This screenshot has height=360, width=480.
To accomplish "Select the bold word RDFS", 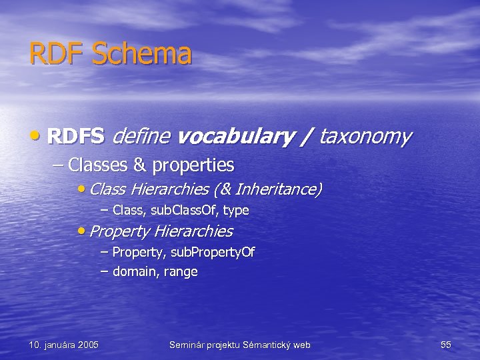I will coord(76,137).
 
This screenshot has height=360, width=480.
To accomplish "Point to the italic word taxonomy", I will coord(365,137).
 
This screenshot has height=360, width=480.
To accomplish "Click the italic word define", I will coord(141,137).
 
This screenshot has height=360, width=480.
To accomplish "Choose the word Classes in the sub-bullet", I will coord(92,164).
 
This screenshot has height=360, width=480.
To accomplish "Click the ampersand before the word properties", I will coord(141,164).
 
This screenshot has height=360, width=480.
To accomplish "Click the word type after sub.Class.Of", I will coord(236,211).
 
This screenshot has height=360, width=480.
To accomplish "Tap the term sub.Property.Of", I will coord(213,252).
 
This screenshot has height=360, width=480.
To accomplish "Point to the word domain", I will coord(133,271).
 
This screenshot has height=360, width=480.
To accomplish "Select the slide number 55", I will coord(446,345).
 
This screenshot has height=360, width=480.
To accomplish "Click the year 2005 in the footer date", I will coord(88,345).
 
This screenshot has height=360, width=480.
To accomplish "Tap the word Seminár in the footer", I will coord(188,345).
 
